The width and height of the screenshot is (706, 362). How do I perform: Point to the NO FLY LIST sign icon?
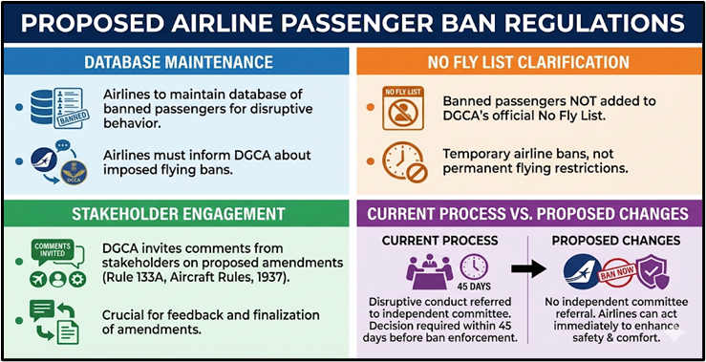[402, 107]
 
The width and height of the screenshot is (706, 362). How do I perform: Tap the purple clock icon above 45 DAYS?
[474, 266]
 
